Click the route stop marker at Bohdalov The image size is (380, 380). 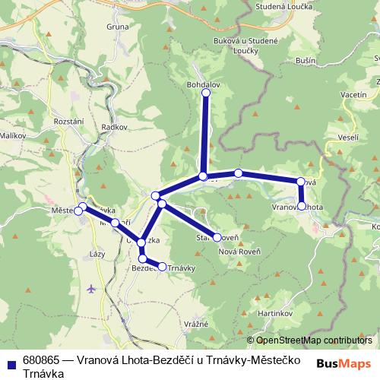coord(205,93)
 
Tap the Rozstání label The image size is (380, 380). coord(69,121)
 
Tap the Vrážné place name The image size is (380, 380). coord(195,324)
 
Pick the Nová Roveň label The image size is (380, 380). coord(239,252)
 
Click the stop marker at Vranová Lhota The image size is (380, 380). coord(302,206)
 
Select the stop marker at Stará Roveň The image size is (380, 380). coord(217,237)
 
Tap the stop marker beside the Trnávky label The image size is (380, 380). coord(161,266)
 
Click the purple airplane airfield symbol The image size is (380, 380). coord(92,289)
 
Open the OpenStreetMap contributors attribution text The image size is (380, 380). coord(314,340)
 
